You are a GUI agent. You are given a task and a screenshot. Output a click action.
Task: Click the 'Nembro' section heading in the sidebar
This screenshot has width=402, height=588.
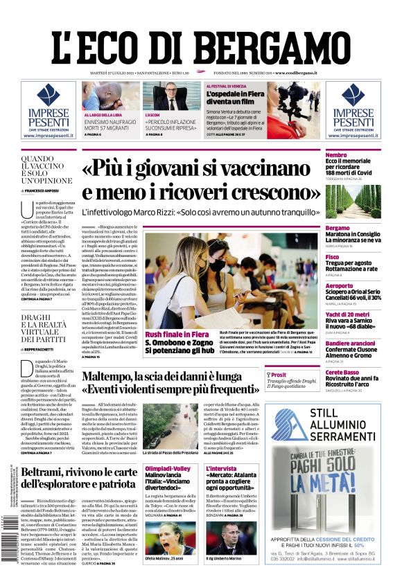337,155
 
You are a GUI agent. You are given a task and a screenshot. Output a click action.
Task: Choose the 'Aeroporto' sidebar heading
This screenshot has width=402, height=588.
339,285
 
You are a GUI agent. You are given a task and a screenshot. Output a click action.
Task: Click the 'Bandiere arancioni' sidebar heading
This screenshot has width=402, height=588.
350,343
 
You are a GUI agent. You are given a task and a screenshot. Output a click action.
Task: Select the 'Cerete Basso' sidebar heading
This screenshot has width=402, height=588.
342,372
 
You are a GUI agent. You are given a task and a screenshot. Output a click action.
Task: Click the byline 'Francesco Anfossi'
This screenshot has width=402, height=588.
42,190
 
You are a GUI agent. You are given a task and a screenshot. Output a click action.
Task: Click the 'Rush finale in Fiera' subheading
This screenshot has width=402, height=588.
177,335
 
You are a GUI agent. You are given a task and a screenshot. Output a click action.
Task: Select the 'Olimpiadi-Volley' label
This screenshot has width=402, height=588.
166,468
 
